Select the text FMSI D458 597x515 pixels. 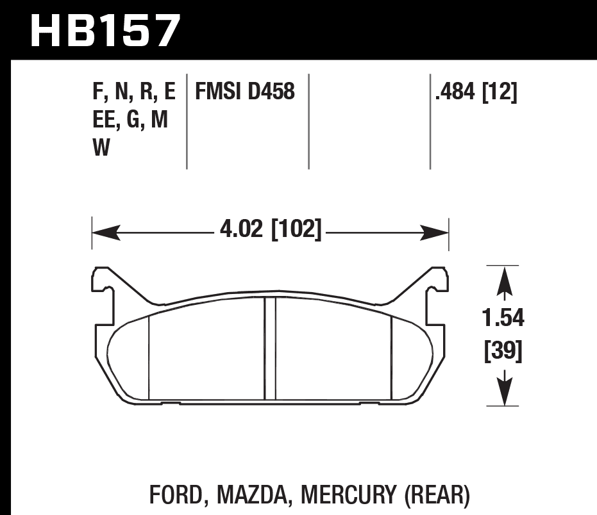[x=244, y=92]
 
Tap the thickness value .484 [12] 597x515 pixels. [x=476, y=92]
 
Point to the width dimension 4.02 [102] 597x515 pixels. [x=270, y=229]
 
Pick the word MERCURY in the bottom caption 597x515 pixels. [x=348, y=495]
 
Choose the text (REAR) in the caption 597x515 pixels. [x=438, y=495]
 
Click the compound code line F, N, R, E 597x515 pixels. [x=133, y=92]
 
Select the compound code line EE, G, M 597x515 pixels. [x=130, y=120]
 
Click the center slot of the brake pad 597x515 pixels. [x=270, y=349]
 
